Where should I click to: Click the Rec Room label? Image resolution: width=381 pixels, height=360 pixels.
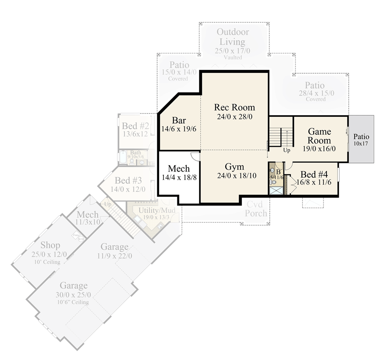click(x=235, y=107)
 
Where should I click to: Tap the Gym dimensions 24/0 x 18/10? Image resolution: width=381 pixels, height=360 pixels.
click(x=234, y=176)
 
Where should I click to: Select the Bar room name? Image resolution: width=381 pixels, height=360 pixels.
click(x=179, y=120)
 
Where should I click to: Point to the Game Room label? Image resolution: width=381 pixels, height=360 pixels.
click(x=319, y=136)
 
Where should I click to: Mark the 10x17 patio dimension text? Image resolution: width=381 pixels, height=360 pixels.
click(x=361, y=144)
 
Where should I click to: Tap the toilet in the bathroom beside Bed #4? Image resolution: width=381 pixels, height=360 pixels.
click(x=273, y=182)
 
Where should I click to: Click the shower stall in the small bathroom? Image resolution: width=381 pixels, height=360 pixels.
click(x=276, y=190)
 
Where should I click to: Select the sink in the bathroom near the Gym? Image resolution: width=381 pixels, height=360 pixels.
click(x=272, y=171)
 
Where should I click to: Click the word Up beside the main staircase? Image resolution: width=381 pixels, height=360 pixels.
click(x=287, y=150)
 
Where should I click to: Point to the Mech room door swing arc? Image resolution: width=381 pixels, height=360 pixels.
click(x=195, y=156)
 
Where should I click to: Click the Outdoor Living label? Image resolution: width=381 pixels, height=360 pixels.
click(x=232, y=37)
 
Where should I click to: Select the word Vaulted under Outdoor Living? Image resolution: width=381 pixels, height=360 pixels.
click(x=233, y=57)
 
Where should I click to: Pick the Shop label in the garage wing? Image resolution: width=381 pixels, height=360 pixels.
click(x=50, y=245)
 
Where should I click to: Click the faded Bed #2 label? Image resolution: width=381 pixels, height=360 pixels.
click(x=135, y=126)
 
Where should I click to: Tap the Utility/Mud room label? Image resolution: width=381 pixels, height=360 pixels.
click(x=152, y=210)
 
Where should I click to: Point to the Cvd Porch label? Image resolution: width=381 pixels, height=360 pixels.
click(x=257, y=209)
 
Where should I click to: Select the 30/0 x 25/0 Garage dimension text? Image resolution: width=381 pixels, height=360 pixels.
click(x=74, y=295)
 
